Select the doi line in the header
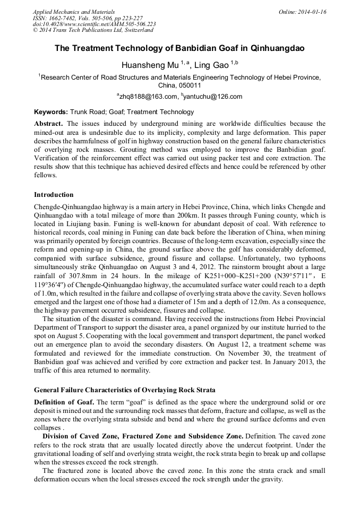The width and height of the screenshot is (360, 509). point(94,24)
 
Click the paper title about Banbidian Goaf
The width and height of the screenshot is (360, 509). point(179,48)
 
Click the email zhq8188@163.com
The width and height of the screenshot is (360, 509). point(148,97)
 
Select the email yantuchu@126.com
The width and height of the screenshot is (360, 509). point(212,97)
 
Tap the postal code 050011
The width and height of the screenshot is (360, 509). point(190,85)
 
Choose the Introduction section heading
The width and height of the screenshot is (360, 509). point(54,195)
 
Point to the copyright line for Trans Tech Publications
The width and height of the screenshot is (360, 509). point(93,30)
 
